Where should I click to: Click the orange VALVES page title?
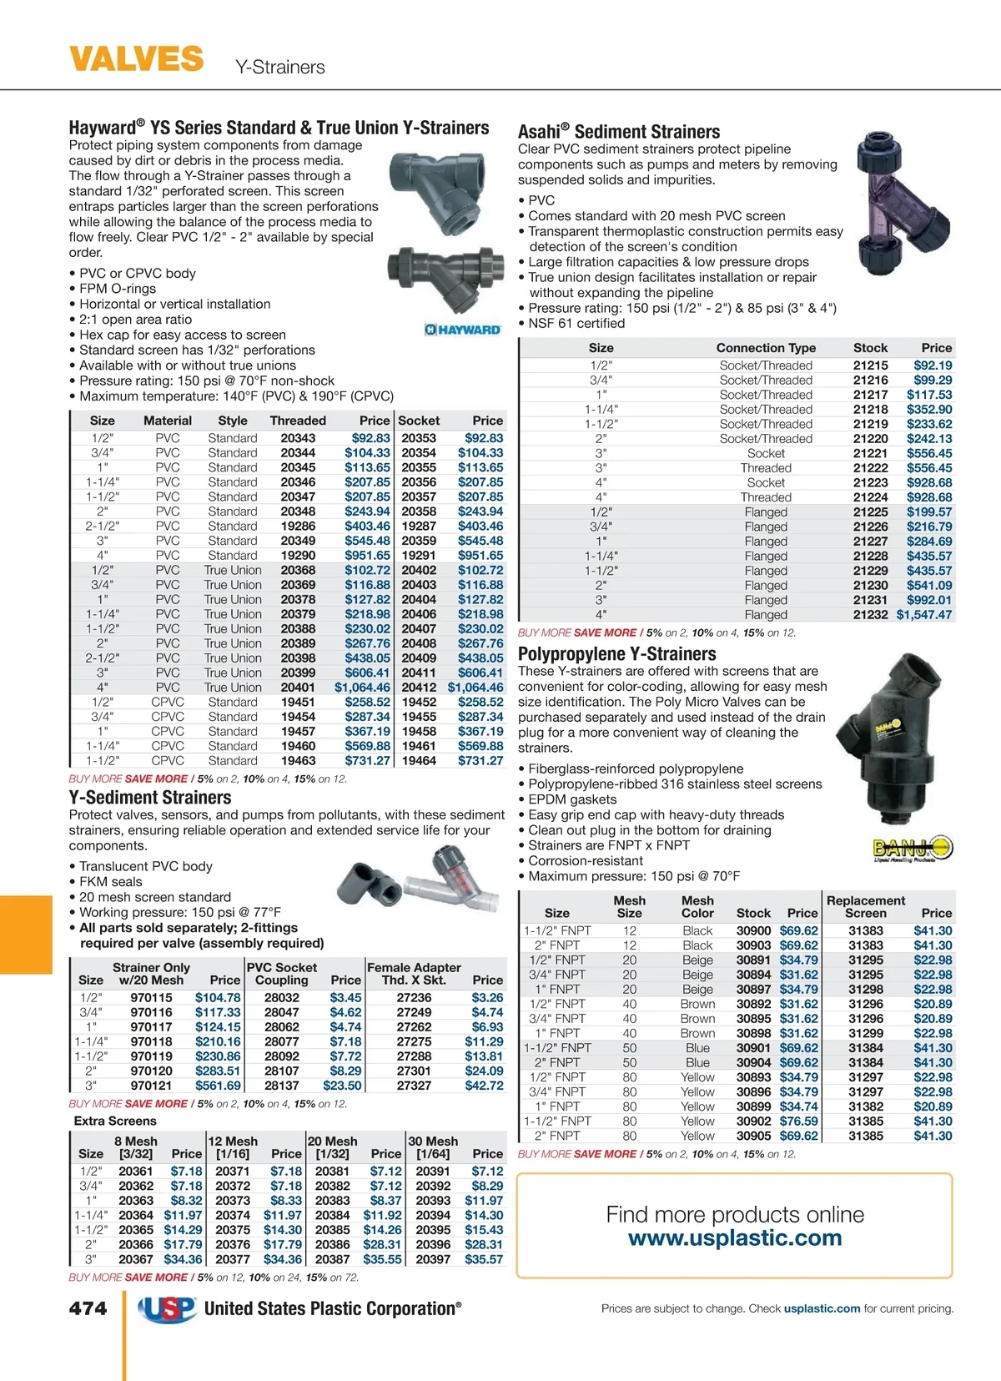click(x=136, y=59)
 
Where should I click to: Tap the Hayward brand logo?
click(x=463, y=330)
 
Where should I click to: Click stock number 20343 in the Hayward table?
click(x=298, y=438)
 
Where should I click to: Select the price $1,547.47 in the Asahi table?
click(x=923, y=615)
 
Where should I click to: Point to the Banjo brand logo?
click(x=913, y=849)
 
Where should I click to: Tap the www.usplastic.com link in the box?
click(x=735, y=1237)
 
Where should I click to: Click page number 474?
click(x=88, y=1308)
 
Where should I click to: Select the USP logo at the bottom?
click(x=168, y=1309)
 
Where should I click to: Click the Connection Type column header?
click(x=766, y=348)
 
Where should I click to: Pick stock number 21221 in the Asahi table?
click(x=870, y=453)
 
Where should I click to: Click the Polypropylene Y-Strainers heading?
click(x=617, y=654)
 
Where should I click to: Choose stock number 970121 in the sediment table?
click(x=151, y=1086)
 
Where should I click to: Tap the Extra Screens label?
click(x=115, y=1121)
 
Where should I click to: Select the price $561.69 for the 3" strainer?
click(x=218, y=1086)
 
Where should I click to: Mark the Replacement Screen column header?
click(x=866, y=907)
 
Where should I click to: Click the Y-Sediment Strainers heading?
click(x=150, y=798)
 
